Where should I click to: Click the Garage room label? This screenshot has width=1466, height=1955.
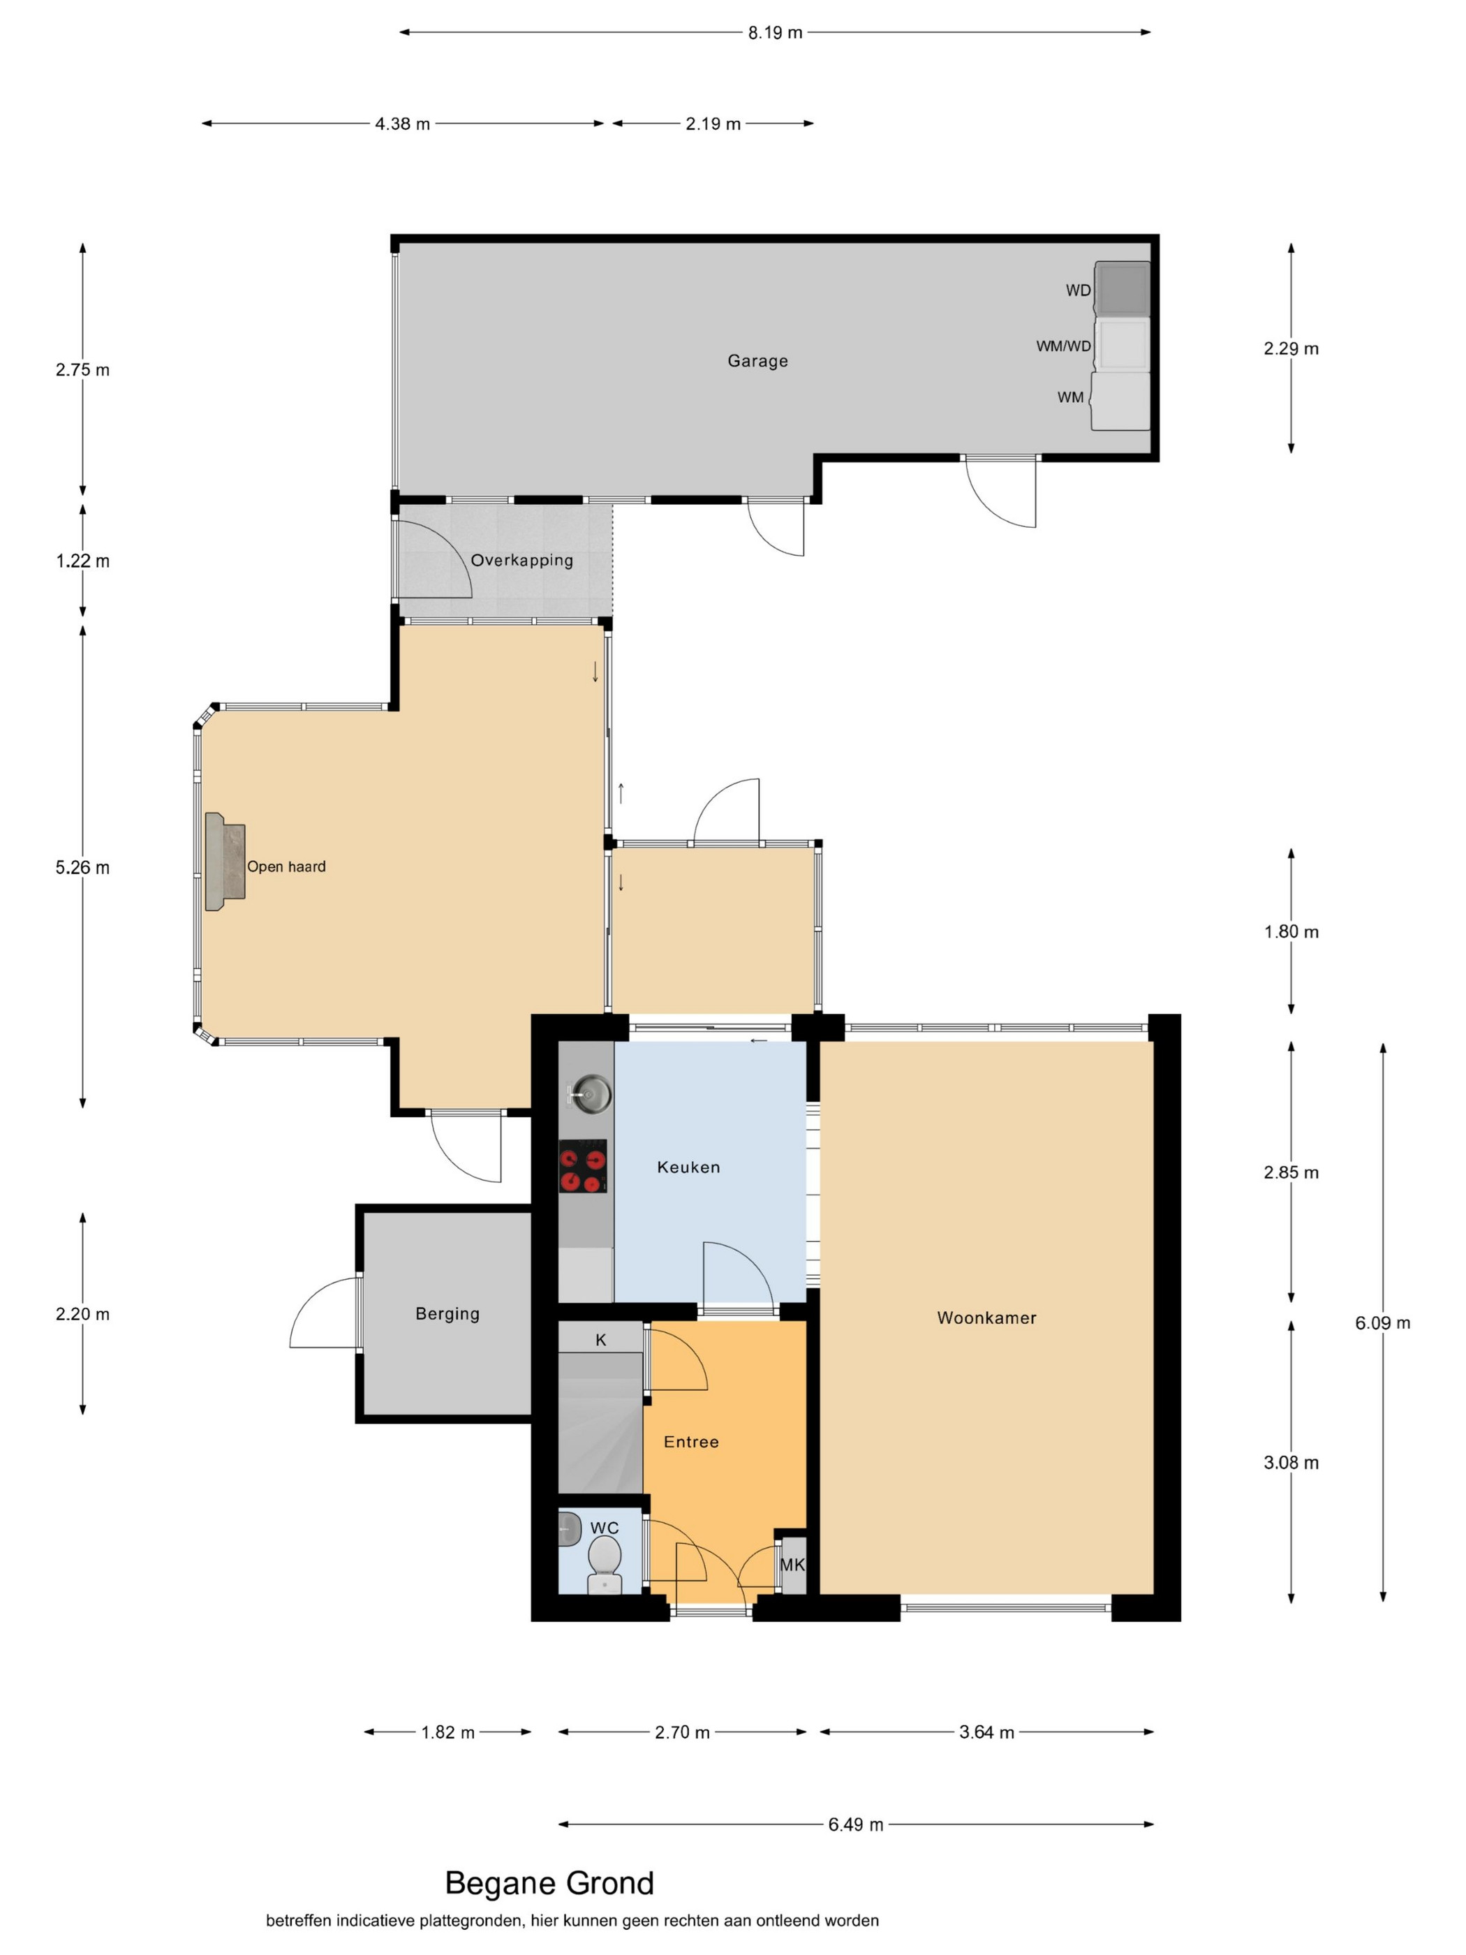pos(757,360)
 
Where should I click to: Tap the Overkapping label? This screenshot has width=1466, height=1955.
pos(521,561)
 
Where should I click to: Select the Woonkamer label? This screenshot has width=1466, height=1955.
pos(986,1318)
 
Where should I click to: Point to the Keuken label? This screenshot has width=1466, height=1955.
pos(688,1167)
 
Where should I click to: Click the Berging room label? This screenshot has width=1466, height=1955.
pos(447,1314)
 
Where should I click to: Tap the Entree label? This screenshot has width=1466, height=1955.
pos(691,1443)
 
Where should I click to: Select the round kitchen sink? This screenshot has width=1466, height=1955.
pos(588,1093)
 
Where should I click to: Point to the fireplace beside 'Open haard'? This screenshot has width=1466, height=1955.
pos(225,862)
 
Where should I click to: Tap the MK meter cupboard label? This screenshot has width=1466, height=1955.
pos(792,1565)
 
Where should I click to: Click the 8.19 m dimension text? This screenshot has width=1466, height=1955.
pos(775,33)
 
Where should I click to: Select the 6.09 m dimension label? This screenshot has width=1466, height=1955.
pos(1383,1323)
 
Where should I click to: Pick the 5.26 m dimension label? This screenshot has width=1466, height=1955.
pos(83,868)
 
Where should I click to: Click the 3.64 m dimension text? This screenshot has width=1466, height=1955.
pos(986,1732)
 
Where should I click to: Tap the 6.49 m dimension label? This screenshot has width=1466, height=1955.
pos(855,1825)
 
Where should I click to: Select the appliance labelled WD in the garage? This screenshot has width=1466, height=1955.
pos(1123,288)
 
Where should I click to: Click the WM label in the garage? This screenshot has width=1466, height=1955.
pos(1070,398)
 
